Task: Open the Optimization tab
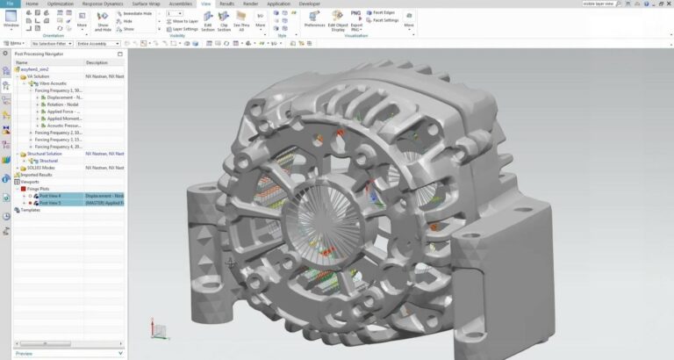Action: (61, 4)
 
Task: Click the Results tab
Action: (226, 4)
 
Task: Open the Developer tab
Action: (310, 4)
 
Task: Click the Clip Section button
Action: (224, 21)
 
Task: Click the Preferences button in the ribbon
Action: (314, 18)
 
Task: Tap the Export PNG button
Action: (355, 18)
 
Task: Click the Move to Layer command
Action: (184, 21)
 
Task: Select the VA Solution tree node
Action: (38, 76)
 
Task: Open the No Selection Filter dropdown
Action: (51, 42)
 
